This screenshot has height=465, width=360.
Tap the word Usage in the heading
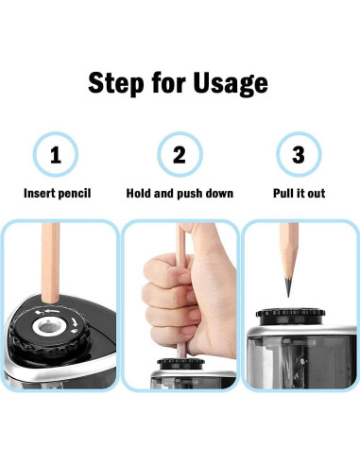point(231,84)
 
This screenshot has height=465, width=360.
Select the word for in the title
point(169,82)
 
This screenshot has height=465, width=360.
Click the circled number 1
point(56,154)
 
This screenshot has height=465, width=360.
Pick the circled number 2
point(180,154)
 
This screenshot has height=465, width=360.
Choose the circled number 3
point(299,154)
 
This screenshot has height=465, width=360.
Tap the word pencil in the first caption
point(75,194)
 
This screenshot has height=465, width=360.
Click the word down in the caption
point(219,193)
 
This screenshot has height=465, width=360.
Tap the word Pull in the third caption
point(283,193)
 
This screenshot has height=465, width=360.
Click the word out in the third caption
point(316,194)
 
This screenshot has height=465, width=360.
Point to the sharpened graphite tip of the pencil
point(288,286)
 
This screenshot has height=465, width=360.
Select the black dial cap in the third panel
point(290,316)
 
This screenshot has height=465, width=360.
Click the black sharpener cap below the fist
point(180,364)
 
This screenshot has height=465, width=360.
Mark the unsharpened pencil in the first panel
point(50,264)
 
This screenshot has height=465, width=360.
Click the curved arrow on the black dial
point(75,322)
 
